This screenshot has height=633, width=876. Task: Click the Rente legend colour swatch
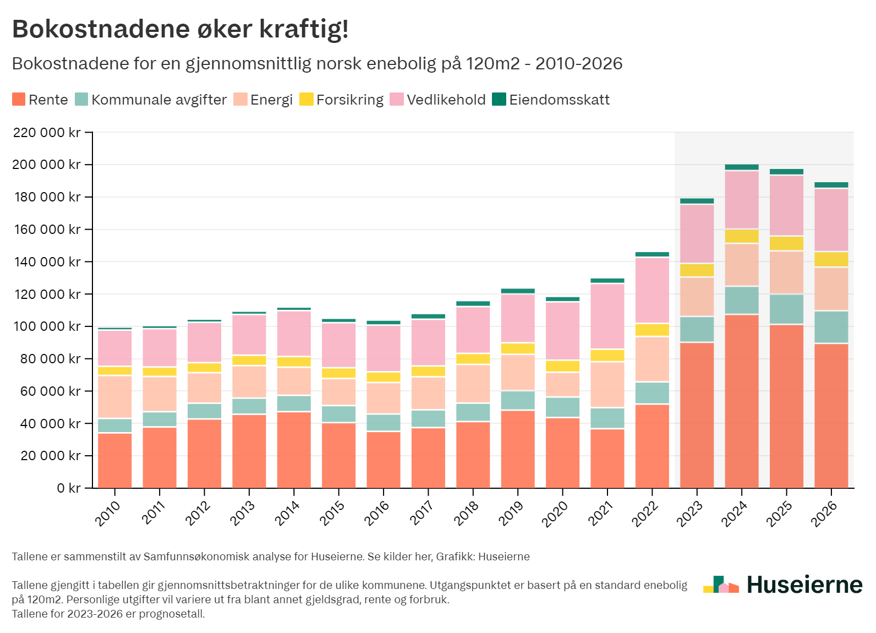(19, 100)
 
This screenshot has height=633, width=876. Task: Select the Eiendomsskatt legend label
(559, 100)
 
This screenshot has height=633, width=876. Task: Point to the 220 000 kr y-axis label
(47, 133)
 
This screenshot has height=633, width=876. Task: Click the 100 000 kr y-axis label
(47, 326)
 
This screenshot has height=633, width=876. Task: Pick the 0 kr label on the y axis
(68, 488)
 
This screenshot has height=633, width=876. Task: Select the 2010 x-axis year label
(107, 513)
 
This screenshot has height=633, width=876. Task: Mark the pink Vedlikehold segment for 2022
(652, 290)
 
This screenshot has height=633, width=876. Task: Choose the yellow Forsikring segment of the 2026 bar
(831, 259)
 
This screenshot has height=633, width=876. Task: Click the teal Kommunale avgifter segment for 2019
(517, 400)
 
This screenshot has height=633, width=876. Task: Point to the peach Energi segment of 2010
(114, 396)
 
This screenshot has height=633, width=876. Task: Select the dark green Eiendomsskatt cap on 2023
(697, 201)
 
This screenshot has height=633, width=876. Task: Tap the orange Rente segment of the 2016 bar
(384, 460)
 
